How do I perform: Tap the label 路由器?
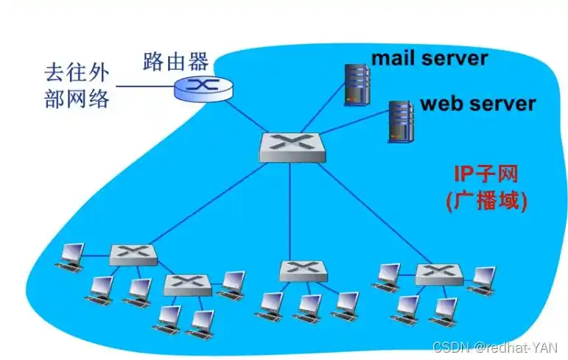click(175, 60)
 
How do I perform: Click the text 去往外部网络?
click(76, 87)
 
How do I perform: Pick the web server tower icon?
click(400, 121)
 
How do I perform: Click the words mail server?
click(429, 58)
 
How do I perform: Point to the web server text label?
click(477, 103)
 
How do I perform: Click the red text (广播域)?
click(486, 201)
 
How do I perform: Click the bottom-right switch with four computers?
click(438, 275)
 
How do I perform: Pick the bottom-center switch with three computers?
click(303, 270)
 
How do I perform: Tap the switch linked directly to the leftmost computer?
click(133, 255)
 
